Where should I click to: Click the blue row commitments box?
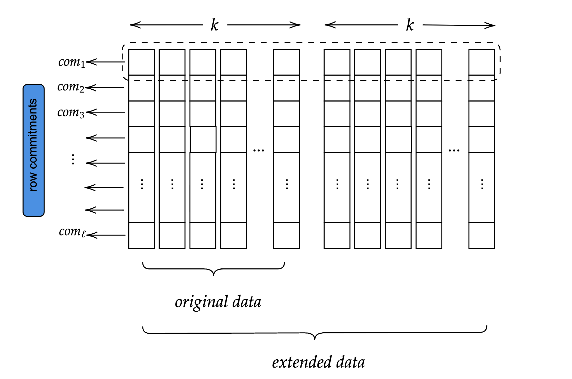33,150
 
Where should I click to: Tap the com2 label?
71,87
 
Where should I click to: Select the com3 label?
71,112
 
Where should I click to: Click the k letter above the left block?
214,25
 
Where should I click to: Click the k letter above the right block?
410,25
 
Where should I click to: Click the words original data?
218,302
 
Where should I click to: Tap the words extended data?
318,362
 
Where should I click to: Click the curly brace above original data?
213,269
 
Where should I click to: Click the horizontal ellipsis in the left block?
259,150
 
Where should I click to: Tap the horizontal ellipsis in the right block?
454,150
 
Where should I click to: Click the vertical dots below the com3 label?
73,159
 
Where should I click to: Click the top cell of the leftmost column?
142,62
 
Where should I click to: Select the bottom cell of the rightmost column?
482,235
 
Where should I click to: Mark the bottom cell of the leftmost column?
142,235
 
